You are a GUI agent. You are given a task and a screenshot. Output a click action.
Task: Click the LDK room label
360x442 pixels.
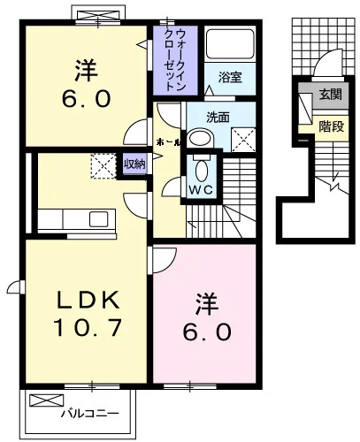coord(88,301)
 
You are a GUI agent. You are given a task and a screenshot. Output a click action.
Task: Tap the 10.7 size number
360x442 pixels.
coord(88,328)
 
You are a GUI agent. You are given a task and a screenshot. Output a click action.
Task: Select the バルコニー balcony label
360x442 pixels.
coord(90,414)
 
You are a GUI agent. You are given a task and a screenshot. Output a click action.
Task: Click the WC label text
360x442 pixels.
coord(201,190)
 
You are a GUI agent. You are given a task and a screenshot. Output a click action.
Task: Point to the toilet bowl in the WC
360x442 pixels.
coord(202,171)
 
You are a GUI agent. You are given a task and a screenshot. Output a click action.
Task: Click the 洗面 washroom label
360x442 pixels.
coord(218,118)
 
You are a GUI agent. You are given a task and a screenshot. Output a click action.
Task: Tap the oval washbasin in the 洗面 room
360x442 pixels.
coord(200,138)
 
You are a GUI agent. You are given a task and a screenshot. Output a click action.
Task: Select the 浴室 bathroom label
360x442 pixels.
coord(230,77)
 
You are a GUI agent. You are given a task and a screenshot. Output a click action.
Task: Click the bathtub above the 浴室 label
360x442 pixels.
coord(230,44)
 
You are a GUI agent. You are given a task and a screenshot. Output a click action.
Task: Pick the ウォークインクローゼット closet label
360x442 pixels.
coord(175,60)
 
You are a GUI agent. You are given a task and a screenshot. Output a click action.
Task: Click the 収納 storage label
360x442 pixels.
coord(134,164)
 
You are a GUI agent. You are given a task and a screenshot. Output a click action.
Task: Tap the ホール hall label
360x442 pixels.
coord(168,143)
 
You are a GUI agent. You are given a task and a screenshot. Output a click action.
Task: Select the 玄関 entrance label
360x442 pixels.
coord(331,95)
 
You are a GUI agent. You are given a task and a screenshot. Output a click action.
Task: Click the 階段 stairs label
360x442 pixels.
coord(332,126)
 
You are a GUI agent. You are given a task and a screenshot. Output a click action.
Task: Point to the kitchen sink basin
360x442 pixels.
coord(98,219)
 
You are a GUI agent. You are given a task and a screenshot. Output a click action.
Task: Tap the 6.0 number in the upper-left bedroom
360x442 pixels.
coord(87,98)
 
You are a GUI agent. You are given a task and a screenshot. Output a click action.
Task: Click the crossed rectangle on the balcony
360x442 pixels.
coord(47,400)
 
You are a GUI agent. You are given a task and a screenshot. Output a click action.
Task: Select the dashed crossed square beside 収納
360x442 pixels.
coord(103,166)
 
